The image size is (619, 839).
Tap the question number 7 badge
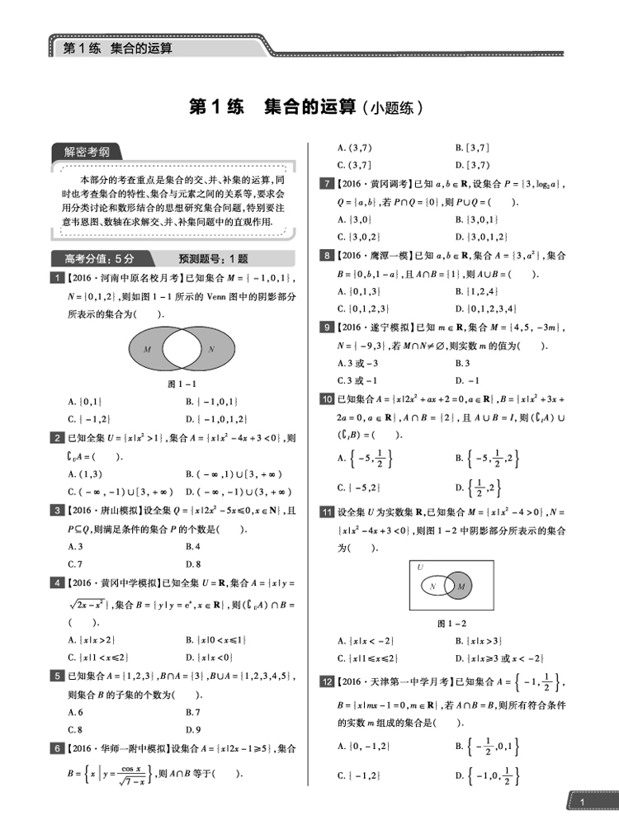(327, 185)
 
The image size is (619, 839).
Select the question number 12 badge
(327, 681)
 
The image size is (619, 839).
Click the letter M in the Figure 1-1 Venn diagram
(147, 350)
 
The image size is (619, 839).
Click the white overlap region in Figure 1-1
(179, 350)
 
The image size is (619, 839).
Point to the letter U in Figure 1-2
(419, 568)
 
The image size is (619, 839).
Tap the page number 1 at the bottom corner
(583, 803)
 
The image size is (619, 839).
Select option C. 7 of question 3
(76, 564)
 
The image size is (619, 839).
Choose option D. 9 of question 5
(194, 729)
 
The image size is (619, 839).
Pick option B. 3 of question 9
(462, 363)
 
